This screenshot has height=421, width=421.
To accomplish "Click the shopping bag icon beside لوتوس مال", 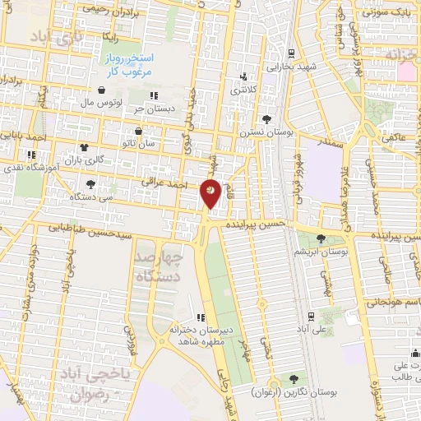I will (x=101, y=90).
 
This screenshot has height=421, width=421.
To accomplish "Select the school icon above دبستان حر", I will (x=154, y=97).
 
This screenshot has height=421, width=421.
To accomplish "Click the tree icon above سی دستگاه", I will (x=90, y=184).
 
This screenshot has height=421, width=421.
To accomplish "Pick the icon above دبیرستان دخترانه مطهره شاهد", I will (x=201, y=317).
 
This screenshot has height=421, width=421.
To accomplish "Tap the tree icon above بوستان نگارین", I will (x=294, y=378).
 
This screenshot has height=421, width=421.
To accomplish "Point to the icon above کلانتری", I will (x=242, y=78).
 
